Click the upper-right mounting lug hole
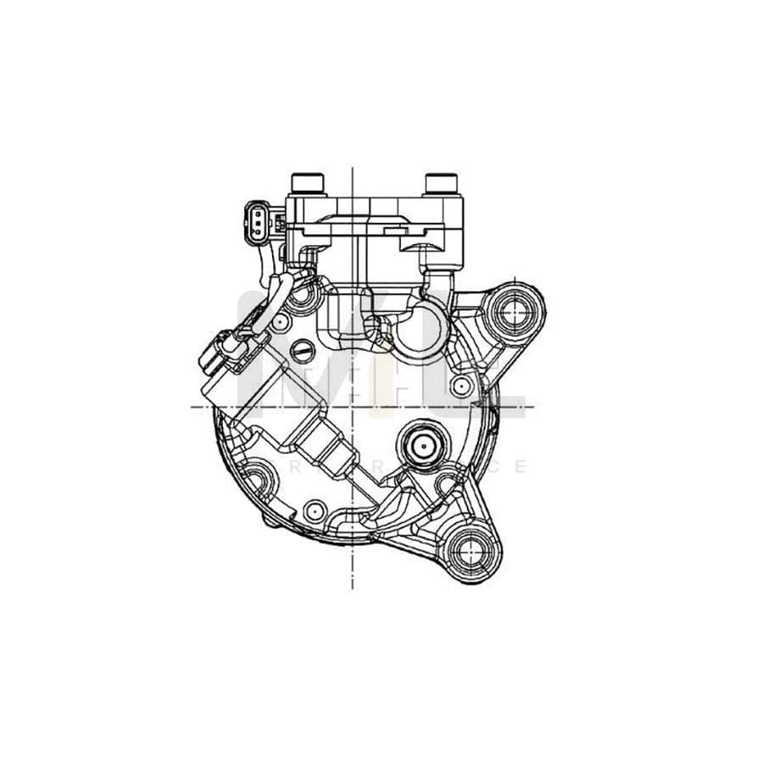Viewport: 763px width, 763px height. (x=515, y=314)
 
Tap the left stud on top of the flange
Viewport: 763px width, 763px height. (x=306, y=183)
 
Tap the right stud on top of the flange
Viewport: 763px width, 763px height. (x=442, y=183)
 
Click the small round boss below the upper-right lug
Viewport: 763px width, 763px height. (x=462, y=386)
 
